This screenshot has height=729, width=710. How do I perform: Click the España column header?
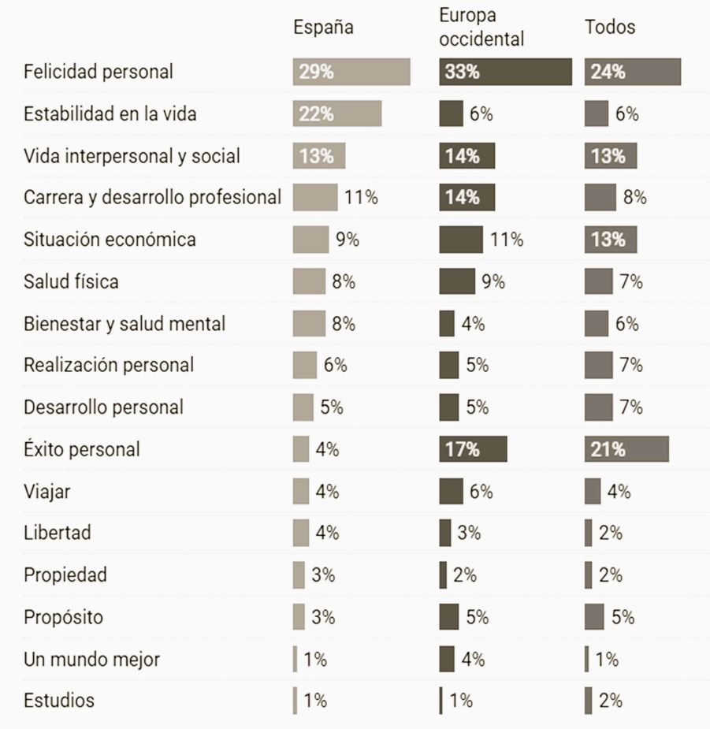323,27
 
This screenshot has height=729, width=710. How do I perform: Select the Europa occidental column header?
481,27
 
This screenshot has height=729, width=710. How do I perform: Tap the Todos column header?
609,27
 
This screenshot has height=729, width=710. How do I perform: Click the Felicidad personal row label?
99,72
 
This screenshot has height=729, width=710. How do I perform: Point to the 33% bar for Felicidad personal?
505,72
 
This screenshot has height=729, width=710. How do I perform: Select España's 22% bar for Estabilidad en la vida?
336,113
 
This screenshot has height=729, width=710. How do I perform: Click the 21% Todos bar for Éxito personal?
626,449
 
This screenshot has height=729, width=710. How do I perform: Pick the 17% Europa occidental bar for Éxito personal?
473,449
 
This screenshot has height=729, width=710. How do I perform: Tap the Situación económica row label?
110,240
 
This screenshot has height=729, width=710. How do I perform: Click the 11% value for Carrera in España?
360,198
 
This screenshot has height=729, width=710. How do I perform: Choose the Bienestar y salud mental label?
125,324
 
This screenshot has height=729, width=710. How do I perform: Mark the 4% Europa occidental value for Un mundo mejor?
473,659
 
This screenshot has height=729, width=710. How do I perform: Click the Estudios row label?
59,700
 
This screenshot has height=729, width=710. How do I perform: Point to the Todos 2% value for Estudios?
610,700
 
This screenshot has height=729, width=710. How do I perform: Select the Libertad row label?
58,533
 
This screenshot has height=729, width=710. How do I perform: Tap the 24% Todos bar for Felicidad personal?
633,72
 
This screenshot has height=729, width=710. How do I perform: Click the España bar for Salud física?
309,281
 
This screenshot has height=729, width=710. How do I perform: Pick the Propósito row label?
63,617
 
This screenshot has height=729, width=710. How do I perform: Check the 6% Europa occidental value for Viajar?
481,492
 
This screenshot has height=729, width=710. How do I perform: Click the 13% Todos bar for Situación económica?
611,240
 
